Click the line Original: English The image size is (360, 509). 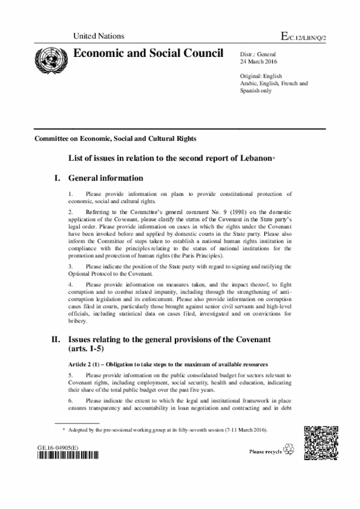[261, 76]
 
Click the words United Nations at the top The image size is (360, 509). [99, 36]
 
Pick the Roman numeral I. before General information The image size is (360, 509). [56, 178]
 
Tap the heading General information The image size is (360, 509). [106, 178]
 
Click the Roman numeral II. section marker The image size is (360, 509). [56, 340]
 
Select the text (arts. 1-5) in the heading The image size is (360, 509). [89, 349]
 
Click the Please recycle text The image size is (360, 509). [266, 452]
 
